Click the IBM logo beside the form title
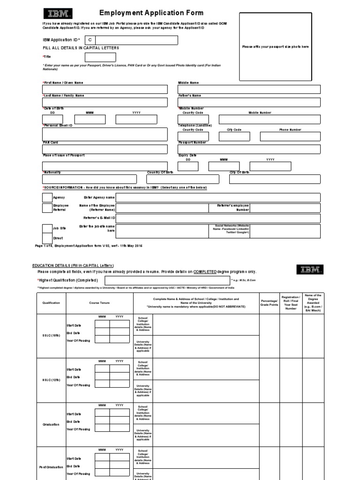pyautogui.click(x=55, y=14)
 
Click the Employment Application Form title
pyautogui.click(x=145, y=13)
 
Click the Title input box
pyautogui.click(x=100, y=57)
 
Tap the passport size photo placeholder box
pyautogui.click(x=275, y=47)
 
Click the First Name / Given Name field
pyautogui.click(x=105, y=90)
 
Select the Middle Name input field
pyautogui.click(x=249, y=90)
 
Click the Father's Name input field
pyautogui.click(x=249, y=103)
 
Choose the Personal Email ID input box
pyautogui.click(x=105, y=135)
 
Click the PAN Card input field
pyautogui.click(x=105, y=149)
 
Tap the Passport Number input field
pyautogui.click(x=249, y=149)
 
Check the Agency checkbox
pyautogui.click(x=47, y=197)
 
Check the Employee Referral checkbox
pyautogui.click(x=47, y=208)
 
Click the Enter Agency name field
pyautogui.click(x=218, y=197)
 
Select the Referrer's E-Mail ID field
pyautogui.click(x=218, y=218)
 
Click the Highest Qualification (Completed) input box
pyautogui.click(x=167, y=280)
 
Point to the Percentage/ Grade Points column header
pyautogui.click(x=269, y=303)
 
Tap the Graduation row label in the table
pyautogui.click(x=51, y=424)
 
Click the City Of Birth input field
pyautogui.click(x=275, y=179)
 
